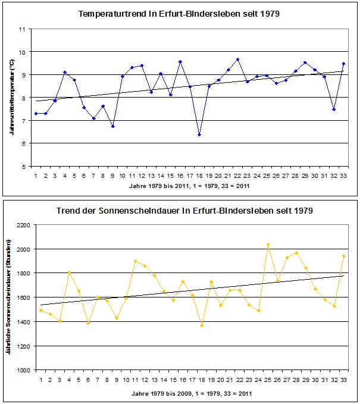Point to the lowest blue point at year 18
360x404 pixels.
pos(199,134)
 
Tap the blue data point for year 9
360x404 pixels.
pos(112,126)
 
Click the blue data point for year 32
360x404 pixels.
pos(334,109)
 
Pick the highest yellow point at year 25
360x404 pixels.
pos(268,245)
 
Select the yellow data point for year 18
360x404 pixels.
pos(202,325)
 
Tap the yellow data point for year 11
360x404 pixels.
pos(136,261)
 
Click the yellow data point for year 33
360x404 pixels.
pos(344,256)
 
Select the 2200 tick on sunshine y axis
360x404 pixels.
pos(24,225)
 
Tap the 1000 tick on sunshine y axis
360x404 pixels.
pos(24,370)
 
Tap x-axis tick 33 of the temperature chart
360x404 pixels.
pos(343,176)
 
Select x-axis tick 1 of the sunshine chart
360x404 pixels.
pos(40,380)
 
